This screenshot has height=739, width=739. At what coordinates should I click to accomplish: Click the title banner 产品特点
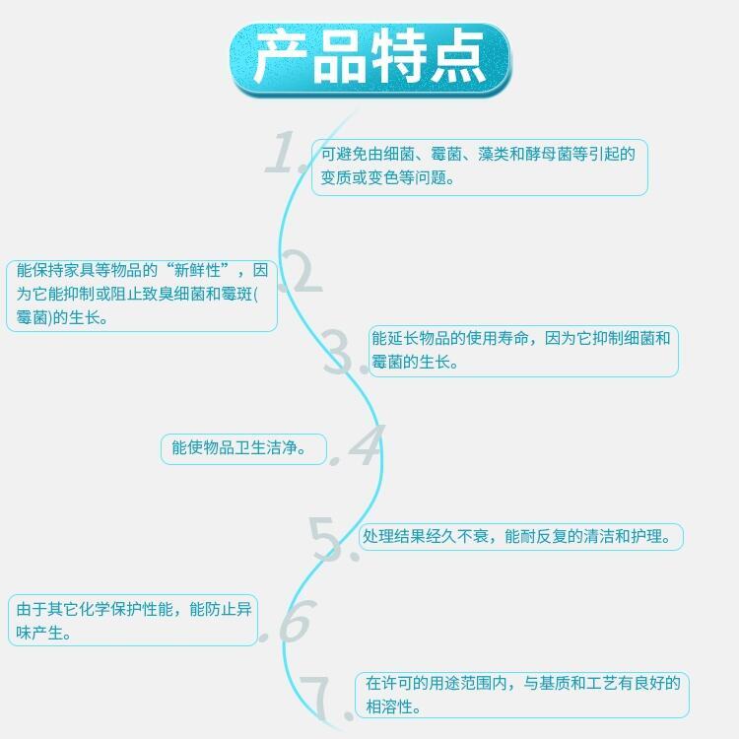click(x=370, y=58)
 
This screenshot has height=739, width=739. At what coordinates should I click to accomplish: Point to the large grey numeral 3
click(x=345, y=353)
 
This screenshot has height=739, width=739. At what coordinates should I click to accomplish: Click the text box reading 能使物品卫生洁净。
click(x=243, y=448)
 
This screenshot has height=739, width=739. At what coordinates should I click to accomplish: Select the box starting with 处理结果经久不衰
click(x=519, y=536)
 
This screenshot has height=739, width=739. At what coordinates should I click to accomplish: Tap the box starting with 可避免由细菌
click(x=479, y=167)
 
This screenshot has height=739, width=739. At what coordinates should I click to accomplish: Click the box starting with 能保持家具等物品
click(x=142, y=295)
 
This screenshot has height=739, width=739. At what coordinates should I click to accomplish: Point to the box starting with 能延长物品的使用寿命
click(x=523, y=351)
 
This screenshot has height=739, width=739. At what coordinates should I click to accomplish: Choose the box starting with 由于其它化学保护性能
click(x=134, y=621)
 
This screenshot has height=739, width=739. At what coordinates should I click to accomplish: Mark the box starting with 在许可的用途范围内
click(x=521, y=695)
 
